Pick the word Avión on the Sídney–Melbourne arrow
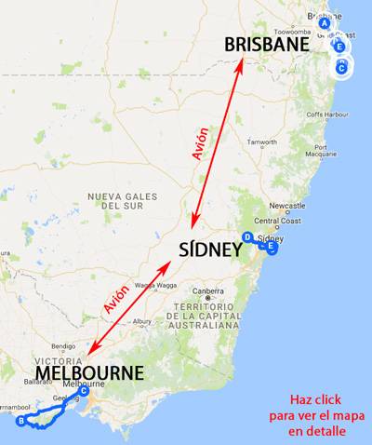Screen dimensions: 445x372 coord(116,302)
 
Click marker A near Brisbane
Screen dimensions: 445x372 coord(325,24)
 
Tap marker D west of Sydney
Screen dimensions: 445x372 coord(246,237)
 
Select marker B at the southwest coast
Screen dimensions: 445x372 coord(20,421)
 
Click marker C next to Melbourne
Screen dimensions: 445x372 coord(84,391)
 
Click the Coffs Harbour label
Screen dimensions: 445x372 coord(333,115)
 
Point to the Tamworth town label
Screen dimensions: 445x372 coord(263,142)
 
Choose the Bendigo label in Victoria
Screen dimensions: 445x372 coord(64,345)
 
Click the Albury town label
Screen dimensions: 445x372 coord(142,322)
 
